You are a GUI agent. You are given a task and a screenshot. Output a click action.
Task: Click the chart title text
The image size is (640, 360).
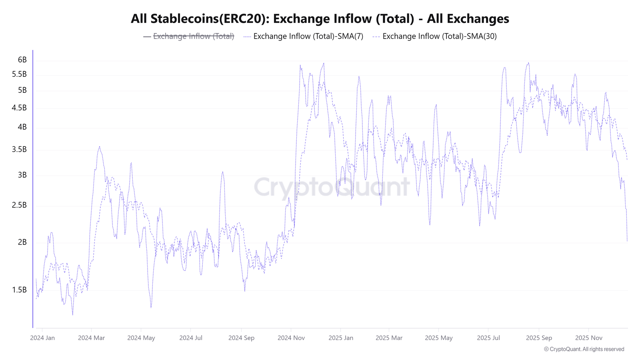click(320, 19)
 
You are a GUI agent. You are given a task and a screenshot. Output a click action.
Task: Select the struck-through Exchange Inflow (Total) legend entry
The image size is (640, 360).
click(189, 36)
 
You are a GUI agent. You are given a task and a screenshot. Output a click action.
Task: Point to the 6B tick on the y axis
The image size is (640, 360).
click(22, 60)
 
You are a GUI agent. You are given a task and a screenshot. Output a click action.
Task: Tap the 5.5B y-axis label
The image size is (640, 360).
click(20, 74)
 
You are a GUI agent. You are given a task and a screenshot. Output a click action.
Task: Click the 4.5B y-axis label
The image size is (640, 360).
click(20, 108)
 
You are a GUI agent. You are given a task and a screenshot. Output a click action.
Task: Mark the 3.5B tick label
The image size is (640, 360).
click(20, 150)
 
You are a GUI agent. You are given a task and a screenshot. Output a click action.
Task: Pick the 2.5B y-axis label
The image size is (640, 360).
click(20, 205)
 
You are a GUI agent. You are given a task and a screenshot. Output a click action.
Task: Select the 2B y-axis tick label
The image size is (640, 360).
click(22, 242)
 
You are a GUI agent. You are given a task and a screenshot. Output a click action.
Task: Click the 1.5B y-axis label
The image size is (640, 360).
click(20, 290)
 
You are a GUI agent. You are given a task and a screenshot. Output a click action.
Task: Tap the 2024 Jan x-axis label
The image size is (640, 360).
click(42, 338)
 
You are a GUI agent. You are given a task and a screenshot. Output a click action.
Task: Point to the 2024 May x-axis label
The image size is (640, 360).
click(141, 338)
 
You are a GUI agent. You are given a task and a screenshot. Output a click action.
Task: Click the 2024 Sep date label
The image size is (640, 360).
click(241, 338)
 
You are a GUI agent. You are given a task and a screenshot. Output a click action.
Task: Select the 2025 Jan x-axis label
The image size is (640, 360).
click(341, 338)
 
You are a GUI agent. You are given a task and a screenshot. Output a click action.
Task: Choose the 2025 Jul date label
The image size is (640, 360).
click(488, 338)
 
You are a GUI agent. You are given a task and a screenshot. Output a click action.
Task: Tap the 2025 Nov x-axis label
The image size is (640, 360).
click(588, 338)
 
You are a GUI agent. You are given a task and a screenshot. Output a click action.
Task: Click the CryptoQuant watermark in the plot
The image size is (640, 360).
click(332, 187)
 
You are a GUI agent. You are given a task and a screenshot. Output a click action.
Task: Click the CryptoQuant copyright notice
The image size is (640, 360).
click(584, 349)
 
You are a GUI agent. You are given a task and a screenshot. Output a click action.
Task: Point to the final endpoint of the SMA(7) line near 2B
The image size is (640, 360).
click(627, 241)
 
